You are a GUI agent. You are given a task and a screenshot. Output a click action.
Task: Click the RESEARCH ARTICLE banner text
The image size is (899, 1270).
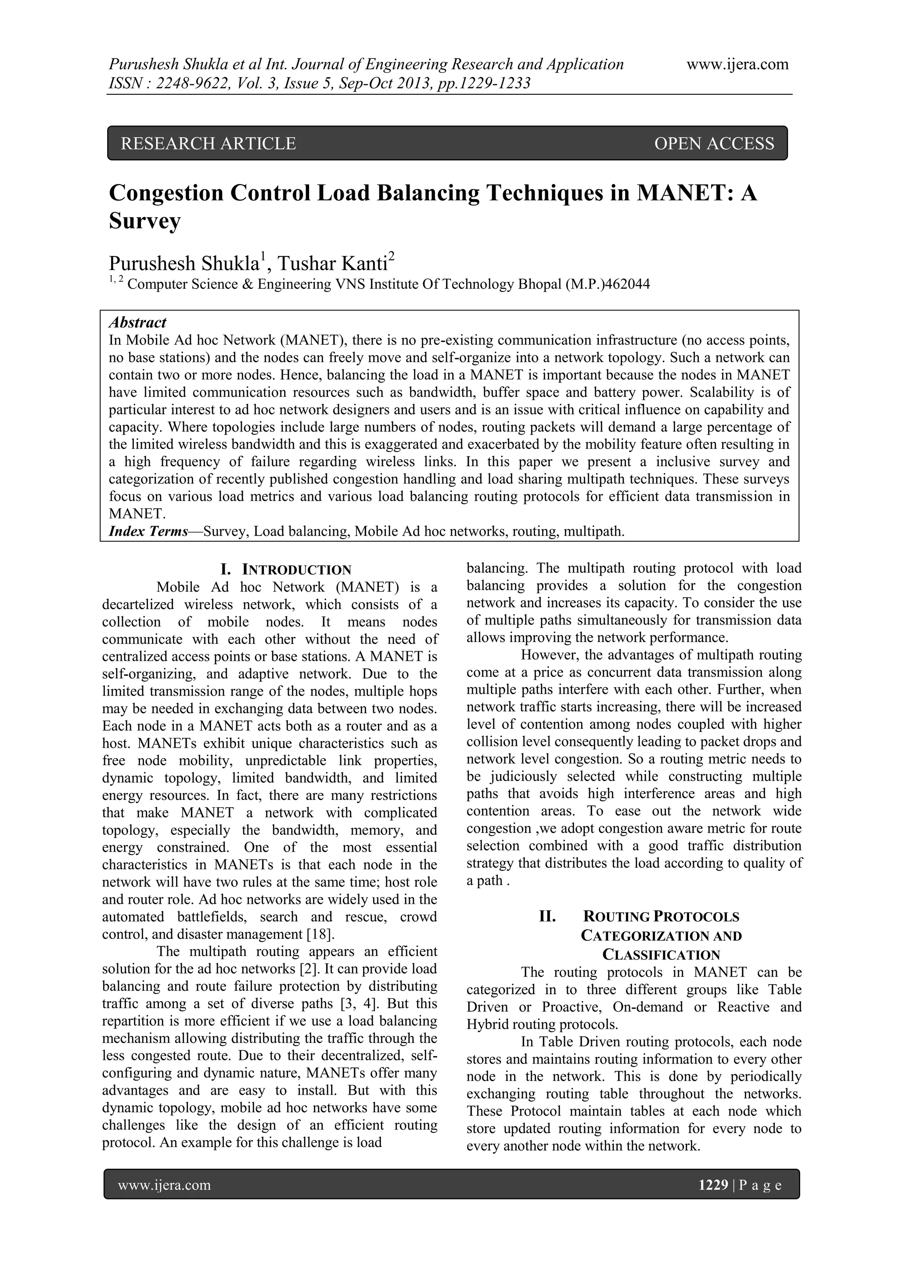pyautogui.click(x=208, y=144)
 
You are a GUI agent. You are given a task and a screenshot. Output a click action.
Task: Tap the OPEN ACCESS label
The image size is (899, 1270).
pyautogui.click(x=714, y=144)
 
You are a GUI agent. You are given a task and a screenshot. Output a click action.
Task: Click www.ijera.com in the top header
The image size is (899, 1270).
pyautogui.click(x=737, y=65)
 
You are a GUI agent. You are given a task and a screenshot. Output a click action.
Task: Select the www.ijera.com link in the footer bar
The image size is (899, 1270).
pyautogui.click(x=165, y=1185)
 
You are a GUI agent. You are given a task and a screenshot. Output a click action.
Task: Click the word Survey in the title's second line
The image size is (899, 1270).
pyautogui.click(x=145, y=221)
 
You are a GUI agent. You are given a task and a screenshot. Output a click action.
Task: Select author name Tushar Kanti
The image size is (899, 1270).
pyautogui.click(x=335, y=263)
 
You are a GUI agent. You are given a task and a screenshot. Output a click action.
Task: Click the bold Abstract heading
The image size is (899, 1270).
pyautogui.click(x=137, y=322)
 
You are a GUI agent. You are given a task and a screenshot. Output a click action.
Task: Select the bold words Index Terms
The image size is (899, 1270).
pyautogui.click(x=148, y=532)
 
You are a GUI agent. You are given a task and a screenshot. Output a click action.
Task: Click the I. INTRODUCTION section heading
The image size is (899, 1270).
pyautogui.click(x=286, y=570)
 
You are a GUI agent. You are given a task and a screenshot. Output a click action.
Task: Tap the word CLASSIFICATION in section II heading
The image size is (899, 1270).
pyautogui.click(x=661, y=955)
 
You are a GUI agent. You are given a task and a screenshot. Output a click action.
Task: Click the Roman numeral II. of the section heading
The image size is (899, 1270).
pyautogui.click(x=547, y=917)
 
